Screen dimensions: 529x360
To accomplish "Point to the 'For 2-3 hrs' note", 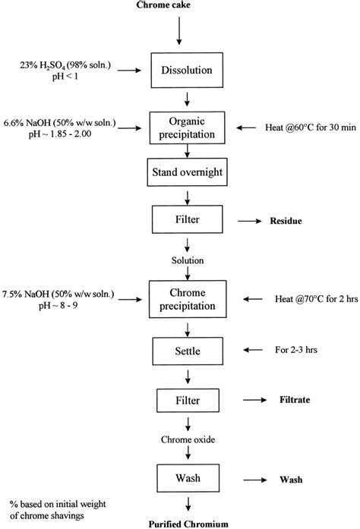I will point(283,351).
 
